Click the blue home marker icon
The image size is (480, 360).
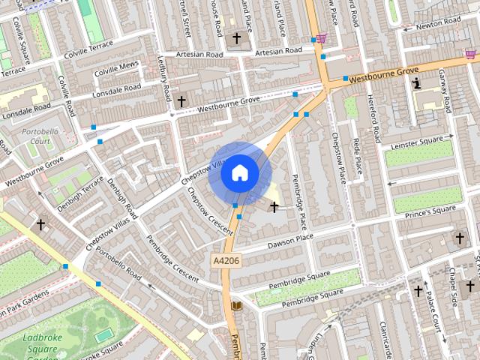[239, 172]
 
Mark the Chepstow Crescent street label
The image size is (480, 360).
[209, 211]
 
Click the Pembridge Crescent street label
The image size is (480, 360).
[172, 258]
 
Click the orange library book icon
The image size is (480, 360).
[238, 306]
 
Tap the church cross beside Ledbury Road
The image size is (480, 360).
[181, 100]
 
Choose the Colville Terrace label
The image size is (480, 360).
[88, 47]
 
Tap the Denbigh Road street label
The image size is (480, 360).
[121, 195]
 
